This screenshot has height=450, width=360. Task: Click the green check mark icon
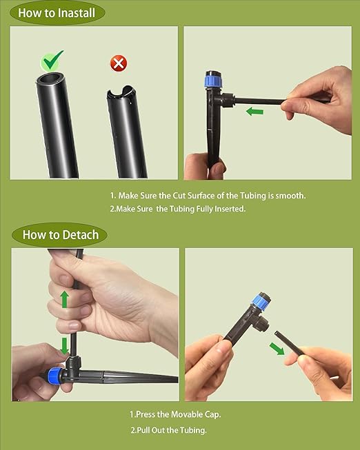[x=52, y=61]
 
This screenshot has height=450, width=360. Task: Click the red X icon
[x=119, y=64]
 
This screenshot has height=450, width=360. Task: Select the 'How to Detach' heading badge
[x=60, y=234]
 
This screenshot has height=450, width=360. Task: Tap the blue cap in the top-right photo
[x=212, y=81]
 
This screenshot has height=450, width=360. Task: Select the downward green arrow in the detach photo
[x=64, y=345]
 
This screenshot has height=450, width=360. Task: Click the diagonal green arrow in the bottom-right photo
[x=276, y=348]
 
